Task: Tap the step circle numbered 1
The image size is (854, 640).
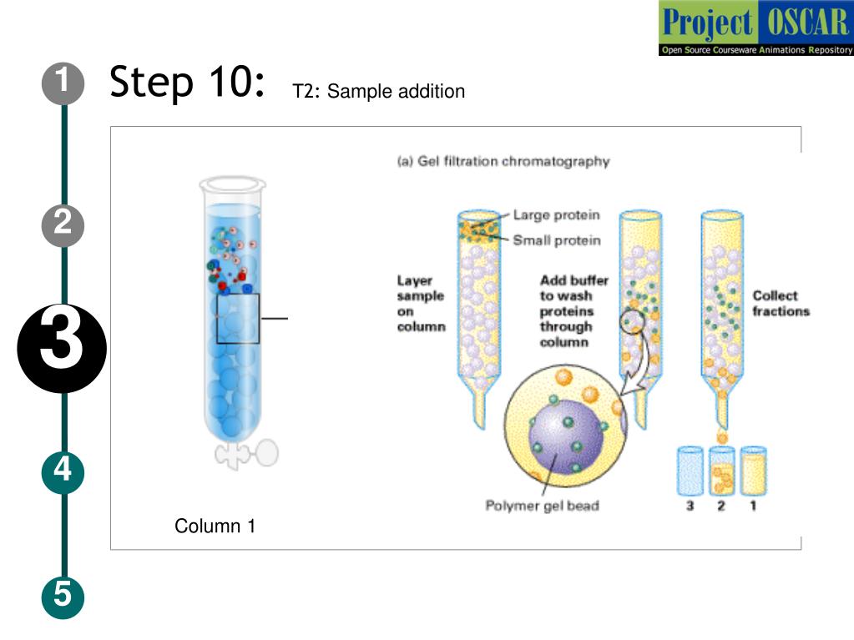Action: tap(63, 83)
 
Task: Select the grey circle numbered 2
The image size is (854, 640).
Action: tap(63, 224)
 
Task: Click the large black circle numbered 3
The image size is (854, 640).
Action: tap(63, 347)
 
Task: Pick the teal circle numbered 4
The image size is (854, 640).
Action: tap(63, 472)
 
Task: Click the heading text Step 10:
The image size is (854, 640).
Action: tap(189, 83)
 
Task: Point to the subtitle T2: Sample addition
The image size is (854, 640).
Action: tap(378, 92)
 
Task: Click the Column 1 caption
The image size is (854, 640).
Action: tap(215, 527)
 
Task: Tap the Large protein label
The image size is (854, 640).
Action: tap(556, 215)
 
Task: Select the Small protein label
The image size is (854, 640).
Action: tap(556, 240)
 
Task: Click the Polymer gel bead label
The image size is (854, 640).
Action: tap(542, 506)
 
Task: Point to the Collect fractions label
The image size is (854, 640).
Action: tap(781, 303)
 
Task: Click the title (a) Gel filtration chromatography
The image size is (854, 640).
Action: tap(503, 161)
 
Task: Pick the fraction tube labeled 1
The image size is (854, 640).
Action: tap(753, 471)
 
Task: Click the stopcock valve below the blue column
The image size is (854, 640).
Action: tap(247, 454)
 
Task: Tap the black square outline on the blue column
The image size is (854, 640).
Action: tap(238, 318)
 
